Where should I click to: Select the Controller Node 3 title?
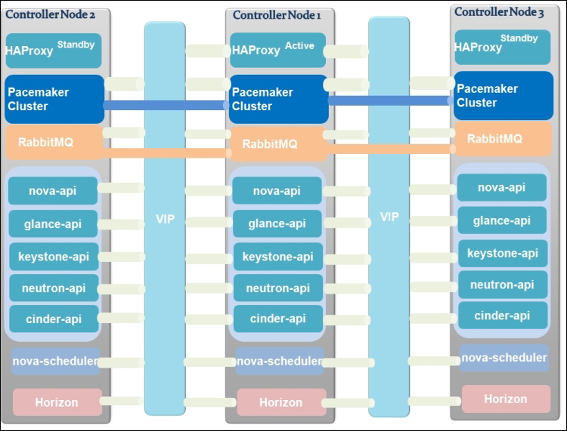[499, 12]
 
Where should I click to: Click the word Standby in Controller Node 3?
[519, 38]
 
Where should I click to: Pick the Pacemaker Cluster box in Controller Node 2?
[54, 99]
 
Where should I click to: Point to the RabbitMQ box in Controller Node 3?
[502, 139]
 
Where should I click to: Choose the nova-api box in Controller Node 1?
[277, 191]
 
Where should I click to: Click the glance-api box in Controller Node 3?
[502, 220]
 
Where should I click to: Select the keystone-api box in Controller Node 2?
[54, 257]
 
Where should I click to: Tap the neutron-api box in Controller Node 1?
[277, 288]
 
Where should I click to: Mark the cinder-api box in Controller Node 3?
[502, 315]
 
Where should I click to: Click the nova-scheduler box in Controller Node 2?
[56, 361]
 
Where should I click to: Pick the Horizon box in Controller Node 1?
[280, 402]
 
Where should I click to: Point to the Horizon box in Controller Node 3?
[505, 399]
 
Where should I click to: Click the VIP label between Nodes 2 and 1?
[165, 219]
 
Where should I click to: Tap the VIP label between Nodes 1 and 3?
[389, 217]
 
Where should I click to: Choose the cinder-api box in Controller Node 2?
[54, 319]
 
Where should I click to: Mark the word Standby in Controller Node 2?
[76, 45]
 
